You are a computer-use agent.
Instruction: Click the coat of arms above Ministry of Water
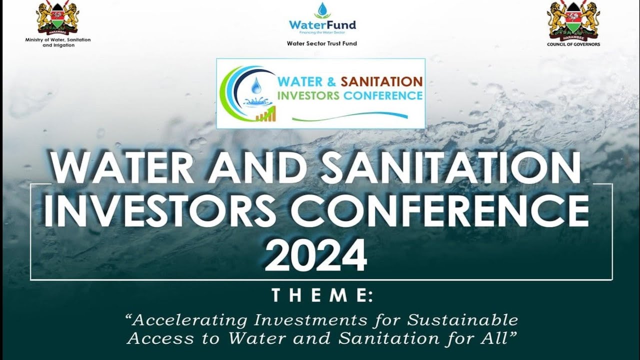(58, 18)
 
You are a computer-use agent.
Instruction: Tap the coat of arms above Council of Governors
(573, 20)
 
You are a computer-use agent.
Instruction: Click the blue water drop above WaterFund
(322, 10)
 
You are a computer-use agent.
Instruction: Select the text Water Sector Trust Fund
(322, 43)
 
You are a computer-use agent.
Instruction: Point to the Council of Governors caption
(573, 44)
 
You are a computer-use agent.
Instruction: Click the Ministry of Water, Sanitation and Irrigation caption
(58, 42)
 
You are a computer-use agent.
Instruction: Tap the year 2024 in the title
(315, 255)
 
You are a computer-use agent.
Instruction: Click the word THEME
(322, 296)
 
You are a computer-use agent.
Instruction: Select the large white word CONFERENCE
(439, 210)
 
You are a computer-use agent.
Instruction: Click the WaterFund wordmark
(322, 24)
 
